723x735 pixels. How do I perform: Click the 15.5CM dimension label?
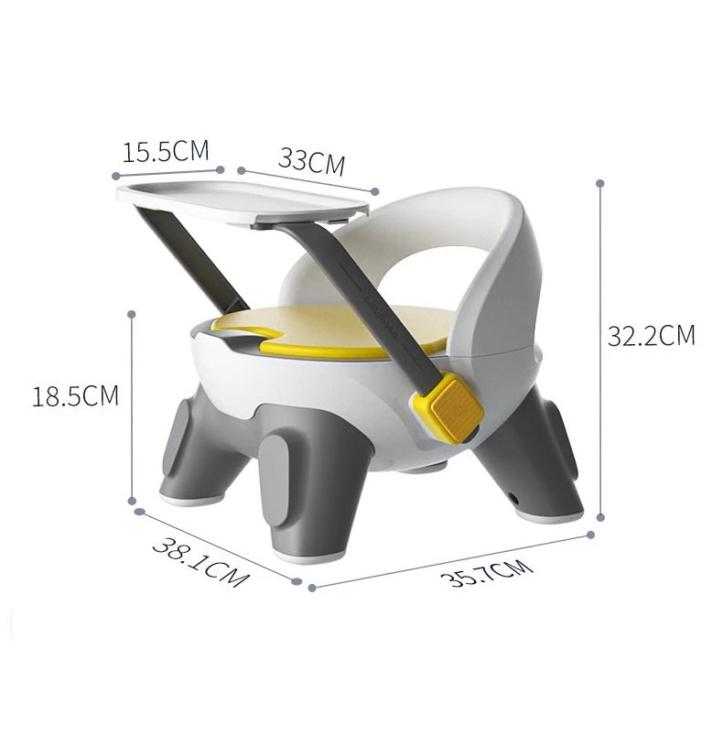click(166, 151)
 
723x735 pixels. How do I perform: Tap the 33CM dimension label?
click(311, 162)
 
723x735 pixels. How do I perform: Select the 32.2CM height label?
click(652, 336)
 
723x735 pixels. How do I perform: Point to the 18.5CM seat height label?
click(75, 395)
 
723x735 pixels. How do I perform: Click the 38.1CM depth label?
click(200, 562)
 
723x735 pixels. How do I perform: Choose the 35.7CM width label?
click(486, 572)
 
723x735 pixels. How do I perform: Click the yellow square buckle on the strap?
click(452, 410)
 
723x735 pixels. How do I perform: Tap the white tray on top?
click(242, 203)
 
